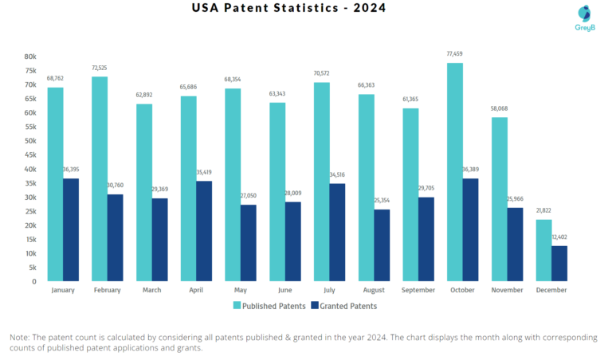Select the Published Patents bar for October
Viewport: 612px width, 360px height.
[454, 171]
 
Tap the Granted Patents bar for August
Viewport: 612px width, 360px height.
[382, 245]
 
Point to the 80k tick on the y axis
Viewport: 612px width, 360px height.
[29, 57]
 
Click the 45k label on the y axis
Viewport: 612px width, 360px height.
[29, 155]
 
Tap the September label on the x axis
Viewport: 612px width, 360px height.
[418, 290]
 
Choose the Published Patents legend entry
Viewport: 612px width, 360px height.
[271, 305]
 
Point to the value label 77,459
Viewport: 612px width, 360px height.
[454, 54]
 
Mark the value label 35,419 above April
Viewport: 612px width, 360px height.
[204, 173]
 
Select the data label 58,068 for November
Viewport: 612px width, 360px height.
[499, 109]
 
